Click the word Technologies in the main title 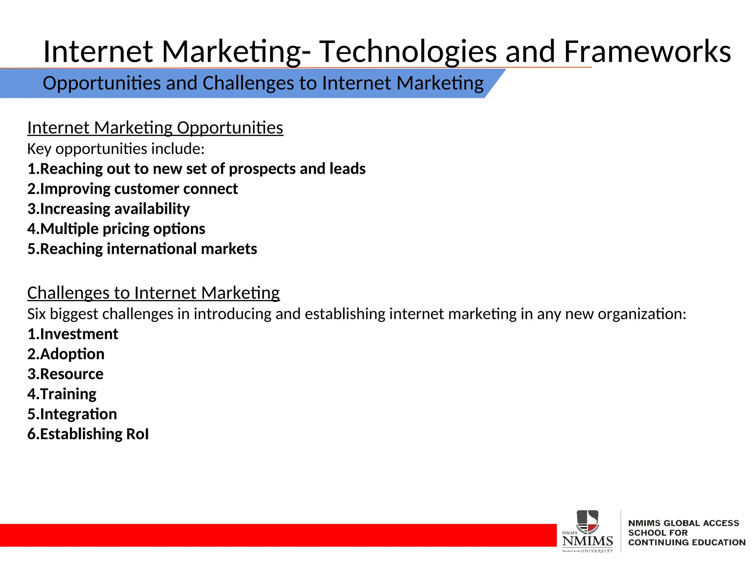(x=407, y=52)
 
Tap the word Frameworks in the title (x=647, y=51)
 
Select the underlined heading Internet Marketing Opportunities (x=155, y=128)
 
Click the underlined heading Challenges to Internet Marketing (x=154, y=293)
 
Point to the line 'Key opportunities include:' (x=116, y=149)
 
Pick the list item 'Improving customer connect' (x=133, y=189)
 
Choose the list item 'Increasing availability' (x=109, y=209)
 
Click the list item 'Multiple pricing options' (x=116, y=229)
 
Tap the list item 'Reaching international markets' (x=142, y=249)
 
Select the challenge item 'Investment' (x=73, y=334)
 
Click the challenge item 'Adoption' (x=66, y=354)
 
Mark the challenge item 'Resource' (x=65, y=374)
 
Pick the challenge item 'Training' (x=62, y=394)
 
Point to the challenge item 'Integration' (x=72, y=414)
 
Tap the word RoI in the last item (x=138, y=434)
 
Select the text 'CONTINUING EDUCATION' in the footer (x=686, y=542)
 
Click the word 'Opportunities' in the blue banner (x=102, y=83)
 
